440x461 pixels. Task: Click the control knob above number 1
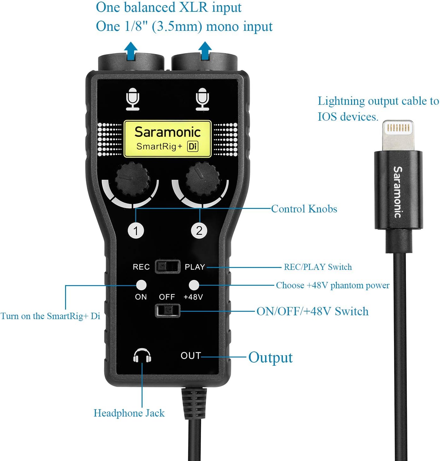[x=132, y=180]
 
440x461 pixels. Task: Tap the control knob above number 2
[x=202, y=179]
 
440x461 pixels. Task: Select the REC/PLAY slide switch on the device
[x=167, y=267]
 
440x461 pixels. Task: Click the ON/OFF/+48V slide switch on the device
[x=167, y=311]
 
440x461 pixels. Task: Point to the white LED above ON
[x=141, y=285]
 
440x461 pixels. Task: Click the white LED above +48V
[x=194, y=285]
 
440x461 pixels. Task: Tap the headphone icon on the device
[x=142, y=356]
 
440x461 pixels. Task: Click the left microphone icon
[x=132, y=99]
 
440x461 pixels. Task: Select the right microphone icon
[x=202, y=99]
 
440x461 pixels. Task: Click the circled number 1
[x=136, y=230]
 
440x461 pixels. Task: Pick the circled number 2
[x=199, y=230]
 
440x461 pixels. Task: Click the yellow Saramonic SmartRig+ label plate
[x=167, y=139]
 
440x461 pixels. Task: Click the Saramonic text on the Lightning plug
[x=398, y=192]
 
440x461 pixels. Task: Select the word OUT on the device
[x=190, y=356]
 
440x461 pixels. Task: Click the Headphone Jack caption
[x=129, y=413]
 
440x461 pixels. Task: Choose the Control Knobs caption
[x=304, y=209]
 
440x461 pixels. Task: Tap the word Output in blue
[x=270, y=357]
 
